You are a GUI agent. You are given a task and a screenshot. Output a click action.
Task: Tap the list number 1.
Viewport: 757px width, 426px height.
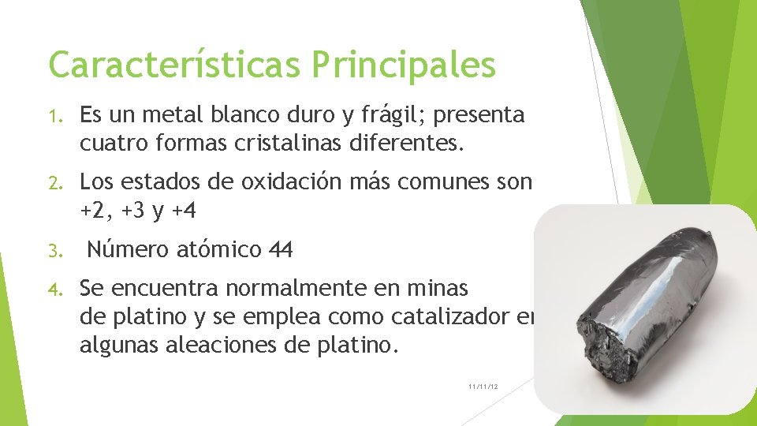pyautogui.click(x=56, y=117)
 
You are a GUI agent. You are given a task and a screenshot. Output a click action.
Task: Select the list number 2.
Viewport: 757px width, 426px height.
pyautogui.click(x=56, y=183)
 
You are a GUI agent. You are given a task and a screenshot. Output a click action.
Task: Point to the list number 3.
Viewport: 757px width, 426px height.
pyautogui.click(x=56, y=251)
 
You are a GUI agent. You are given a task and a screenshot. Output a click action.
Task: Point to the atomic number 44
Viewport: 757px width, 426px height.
pyautogui.click(x=281, y=250)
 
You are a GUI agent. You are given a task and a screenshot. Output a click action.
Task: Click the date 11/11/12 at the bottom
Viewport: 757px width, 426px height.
pyautogui.click(x=483, y=387)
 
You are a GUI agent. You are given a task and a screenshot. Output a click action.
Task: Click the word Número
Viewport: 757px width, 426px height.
pyautogui.click(x=128, y=250)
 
